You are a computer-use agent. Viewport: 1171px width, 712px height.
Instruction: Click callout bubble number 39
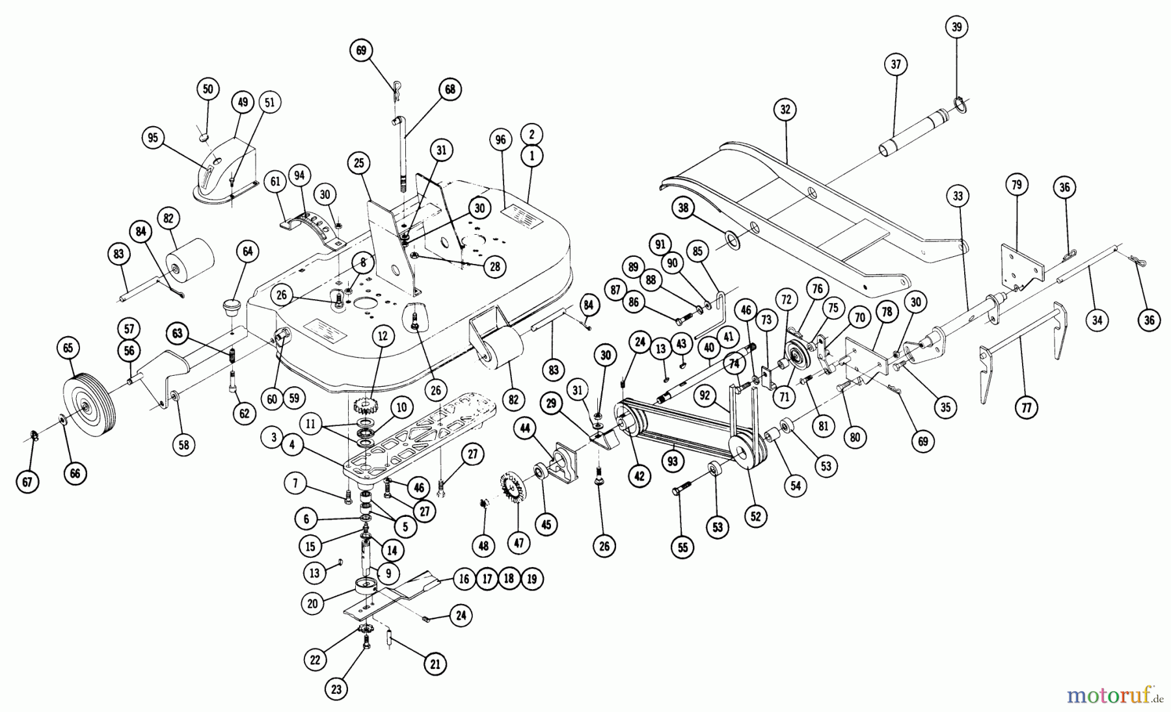(956, 27)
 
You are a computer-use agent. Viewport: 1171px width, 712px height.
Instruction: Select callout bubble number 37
(896, 64)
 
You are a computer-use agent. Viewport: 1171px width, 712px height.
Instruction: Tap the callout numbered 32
(785, 109)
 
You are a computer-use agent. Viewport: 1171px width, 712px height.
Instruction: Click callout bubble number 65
(68, 348)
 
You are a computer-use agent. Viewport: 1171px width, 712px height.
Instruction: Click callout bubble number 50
(208, 89)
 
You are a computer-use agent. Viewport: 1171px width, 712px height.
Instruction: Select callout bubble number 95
(153, 138)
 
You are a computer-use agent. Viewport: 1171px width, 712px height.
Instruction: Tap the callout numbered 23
(336, 690)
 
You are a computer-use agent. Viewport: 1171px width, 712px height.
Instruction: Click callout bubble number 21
(435, 664)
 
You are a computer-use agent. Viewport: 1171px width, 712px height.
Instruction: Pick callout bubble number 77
(1027, 408)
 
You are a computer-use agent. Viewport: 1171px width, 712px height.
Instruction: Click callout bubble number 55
(682, 548)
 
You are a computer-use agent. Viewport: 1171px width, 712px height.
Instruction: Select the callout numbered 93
(672, 462)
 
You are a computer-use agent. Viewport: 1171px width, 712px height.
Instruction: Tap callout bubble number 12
(383, 336)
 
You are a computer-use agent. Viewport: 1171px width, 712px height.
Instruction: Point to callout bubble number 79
(1017, 185)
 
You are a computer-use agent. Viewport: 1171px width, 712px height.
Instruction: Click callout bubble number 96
(500, 139)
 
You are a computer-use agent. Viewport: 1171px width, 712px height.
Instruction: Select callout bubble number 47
(518, 544)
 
